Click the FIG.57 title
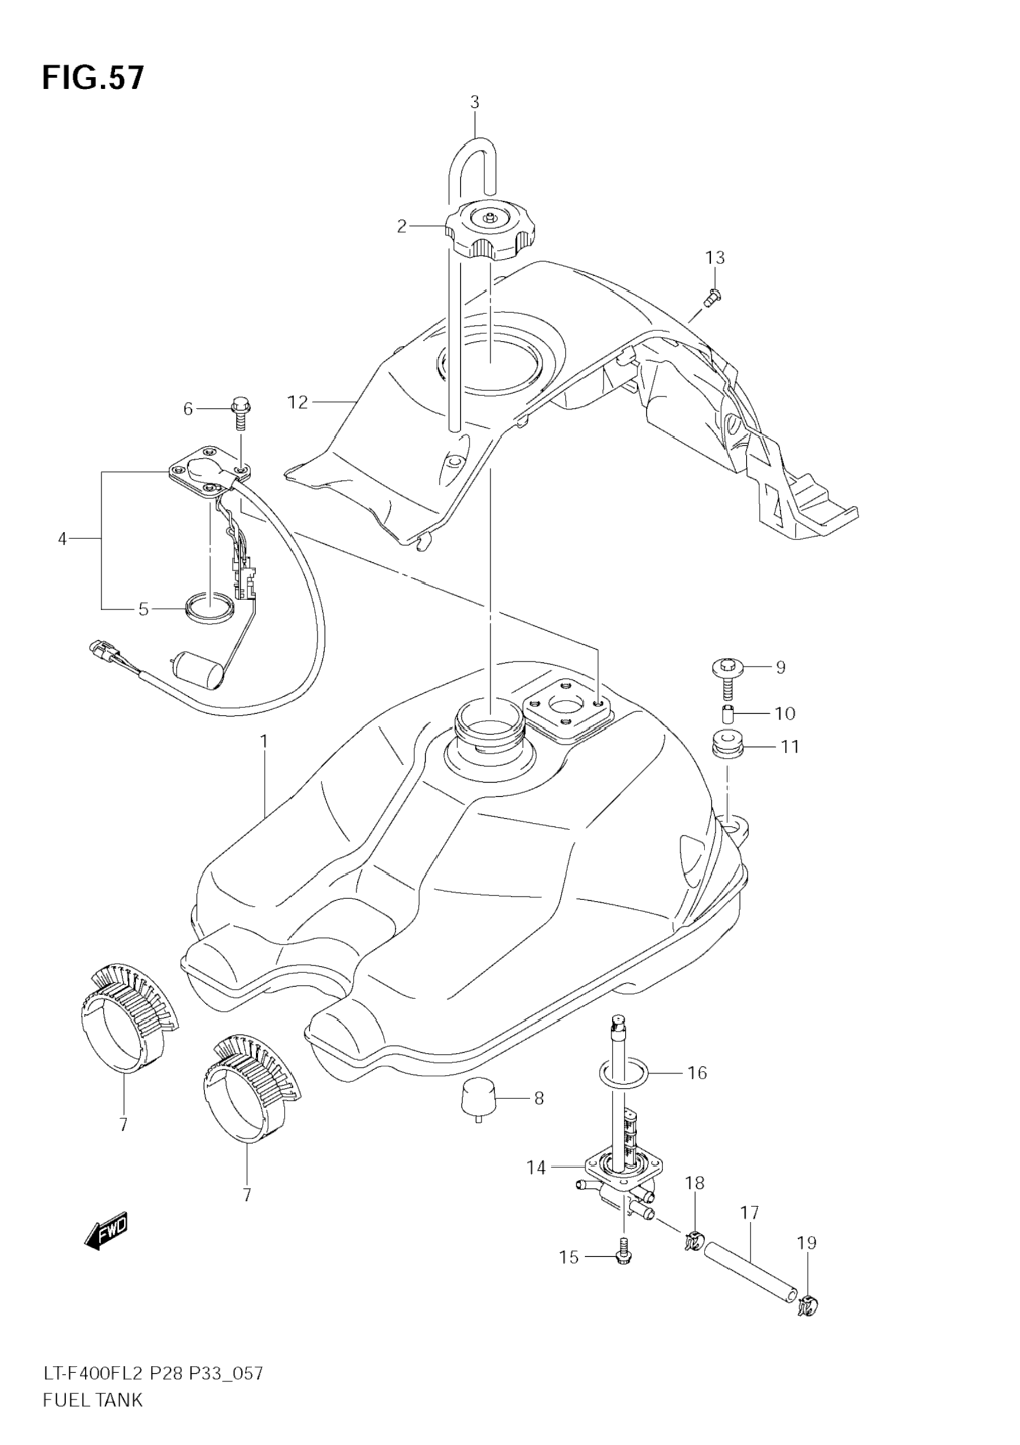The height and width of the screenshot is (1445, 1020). (93, 79)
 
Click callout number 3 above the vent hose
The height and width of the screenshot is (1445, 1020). (474, 102)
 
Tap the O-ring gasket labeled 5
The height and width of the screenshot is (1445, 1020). (210, 609)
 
